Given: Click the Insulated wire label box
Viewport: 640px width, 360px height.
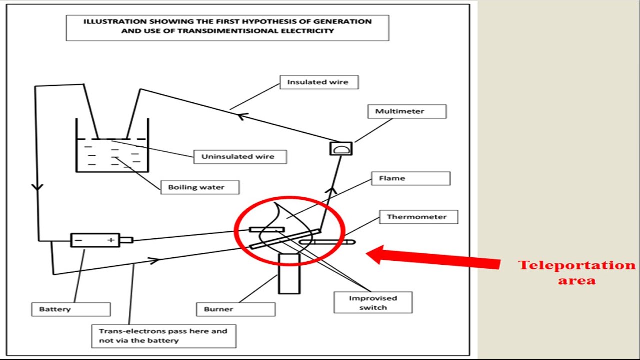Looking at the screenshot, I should pos(318,82).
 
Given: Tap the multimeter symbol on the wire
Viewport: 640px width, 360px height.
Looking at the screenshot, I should pos(341,149).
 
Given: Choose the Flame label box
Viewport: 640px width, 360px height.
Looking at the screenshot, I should pos(410,178).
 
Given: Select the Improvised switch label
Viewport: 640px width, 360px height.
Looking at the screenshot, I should pos(373,303).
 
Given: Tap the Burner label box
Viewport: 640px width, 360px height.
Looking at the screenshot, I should pos(235,309).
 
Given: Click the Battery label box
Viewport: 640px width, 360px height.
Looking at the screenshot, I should pos(71,309).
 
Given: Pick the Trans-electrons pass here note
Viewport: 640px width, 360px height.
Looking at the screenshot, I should pos(163,336).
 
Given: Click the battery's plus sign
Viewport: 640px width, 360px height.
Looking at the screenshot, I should pos(110,241).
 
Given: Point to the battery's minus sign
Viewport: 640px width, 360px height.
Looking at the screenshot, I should pos(78,241).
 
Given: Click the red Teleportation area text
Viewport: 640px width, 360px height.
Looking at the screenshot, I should pos(577,272).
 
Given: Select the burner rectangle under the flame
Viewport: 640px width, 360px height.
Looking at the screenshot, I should pos(289,273).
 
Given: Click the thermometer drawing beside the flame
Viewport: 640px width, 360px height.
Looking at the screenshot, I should pos(327,242).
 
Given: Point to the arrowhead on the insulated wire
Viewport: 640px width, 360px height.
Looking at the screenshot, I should pos(242,116).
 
